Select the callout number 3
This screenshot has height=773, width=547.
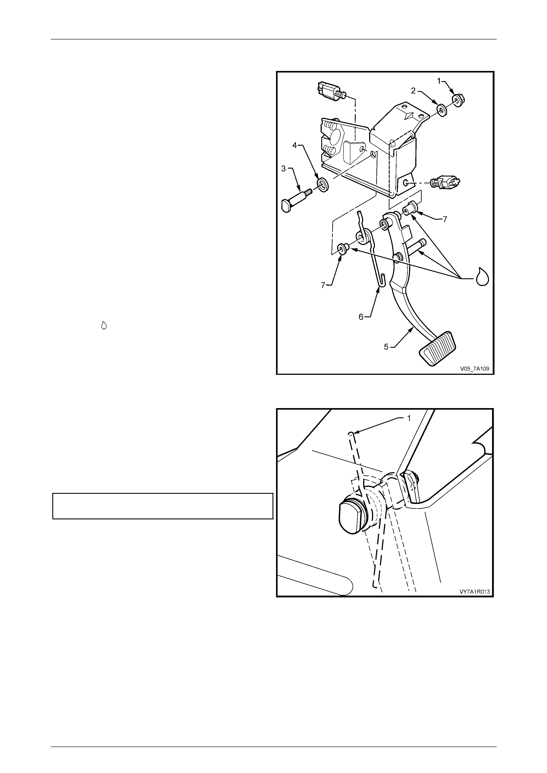284,168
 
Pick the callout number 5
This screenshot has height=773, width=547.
386,346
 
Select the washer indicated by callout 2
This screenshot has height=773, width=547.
441,110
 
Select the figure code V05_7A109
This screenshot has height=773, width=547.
475,368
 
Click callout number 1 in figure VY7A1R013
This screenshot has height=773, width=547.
409,418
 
